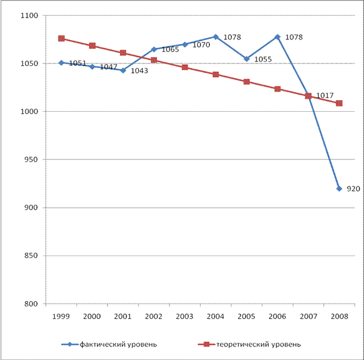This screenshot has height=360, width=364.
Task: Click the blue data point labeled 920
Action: [339, 188]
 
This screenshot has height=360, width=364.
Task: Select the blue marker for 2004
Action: [216, 36]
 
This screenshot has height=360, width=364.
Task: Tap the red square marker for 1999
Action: [61, 38]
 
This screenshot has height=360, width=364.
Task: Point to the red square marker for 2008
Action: [339, 104]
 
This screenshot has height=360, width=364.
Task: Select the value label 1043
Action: [139, 71]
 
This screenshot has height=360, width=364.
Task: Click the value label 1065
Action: [169, 50]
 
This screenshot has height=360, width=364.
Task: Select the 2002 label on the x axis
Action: [154, 316]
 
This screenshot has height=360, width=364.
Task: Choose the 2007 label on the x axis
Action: [308, 316]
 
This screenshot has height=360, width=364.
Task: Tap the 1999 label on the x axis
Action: [61, 316]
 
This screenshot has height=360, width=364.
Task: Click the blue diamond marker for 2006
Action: [278, 36]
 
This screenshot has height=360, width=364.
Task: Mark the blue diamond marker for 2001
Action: [123, 70]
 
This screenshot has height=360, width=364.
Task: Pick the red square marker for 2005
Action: [246, 82]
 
